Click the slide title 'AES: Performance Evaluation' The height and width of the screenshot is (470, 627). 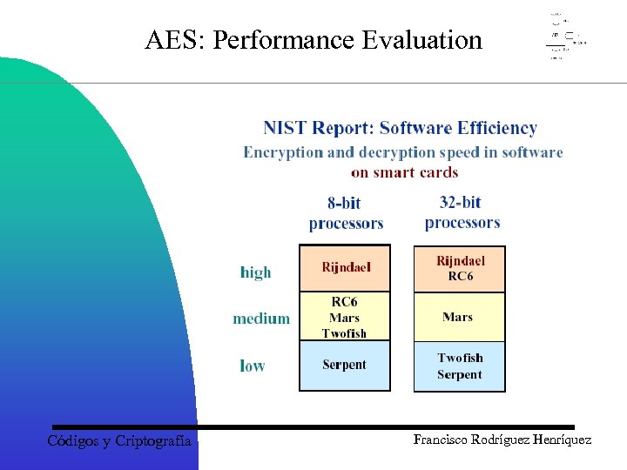point(313,40)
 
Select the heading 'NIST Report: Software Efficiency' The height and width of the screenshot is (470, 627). point(400,128)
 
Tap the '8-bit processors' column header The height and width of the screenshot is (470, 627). point(345,213)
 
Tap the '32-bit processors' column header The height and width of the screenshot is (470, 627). point(462,212)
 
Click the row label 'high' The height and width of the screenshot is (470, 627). point(255,272)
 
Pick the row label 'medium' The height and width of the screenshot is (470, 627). point(260,319)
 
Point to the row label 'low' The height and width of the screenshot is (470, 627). point(252,366)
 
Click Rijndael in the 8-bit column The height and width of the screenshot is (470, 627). point(345,267)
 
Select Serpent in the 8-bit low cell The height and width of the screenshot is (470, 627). point(344,365)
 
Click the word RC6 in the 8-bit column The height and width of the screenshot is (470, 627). point(345,302)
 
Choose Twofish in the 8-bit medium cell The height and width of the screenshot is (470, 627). point(345,333)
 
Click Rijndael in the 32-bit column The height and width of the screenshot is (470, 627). point(460,261)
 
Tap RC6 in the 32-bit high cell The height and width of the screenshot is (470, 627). point(460,277)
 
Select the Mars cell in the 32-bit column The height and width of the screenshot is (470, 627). point(458,317)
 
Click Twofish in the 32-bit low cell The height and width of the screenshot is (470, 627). point(460,358)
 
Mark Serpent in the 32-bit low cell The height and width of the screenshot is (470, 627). point(459,375)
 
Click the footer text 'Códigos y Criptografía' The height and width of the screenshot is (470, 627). point(119,441)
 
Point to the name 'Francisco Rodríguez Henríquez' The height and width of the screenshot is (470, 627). point(502,440)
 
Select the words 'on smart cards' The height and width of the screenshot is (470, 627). point(404,172)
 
